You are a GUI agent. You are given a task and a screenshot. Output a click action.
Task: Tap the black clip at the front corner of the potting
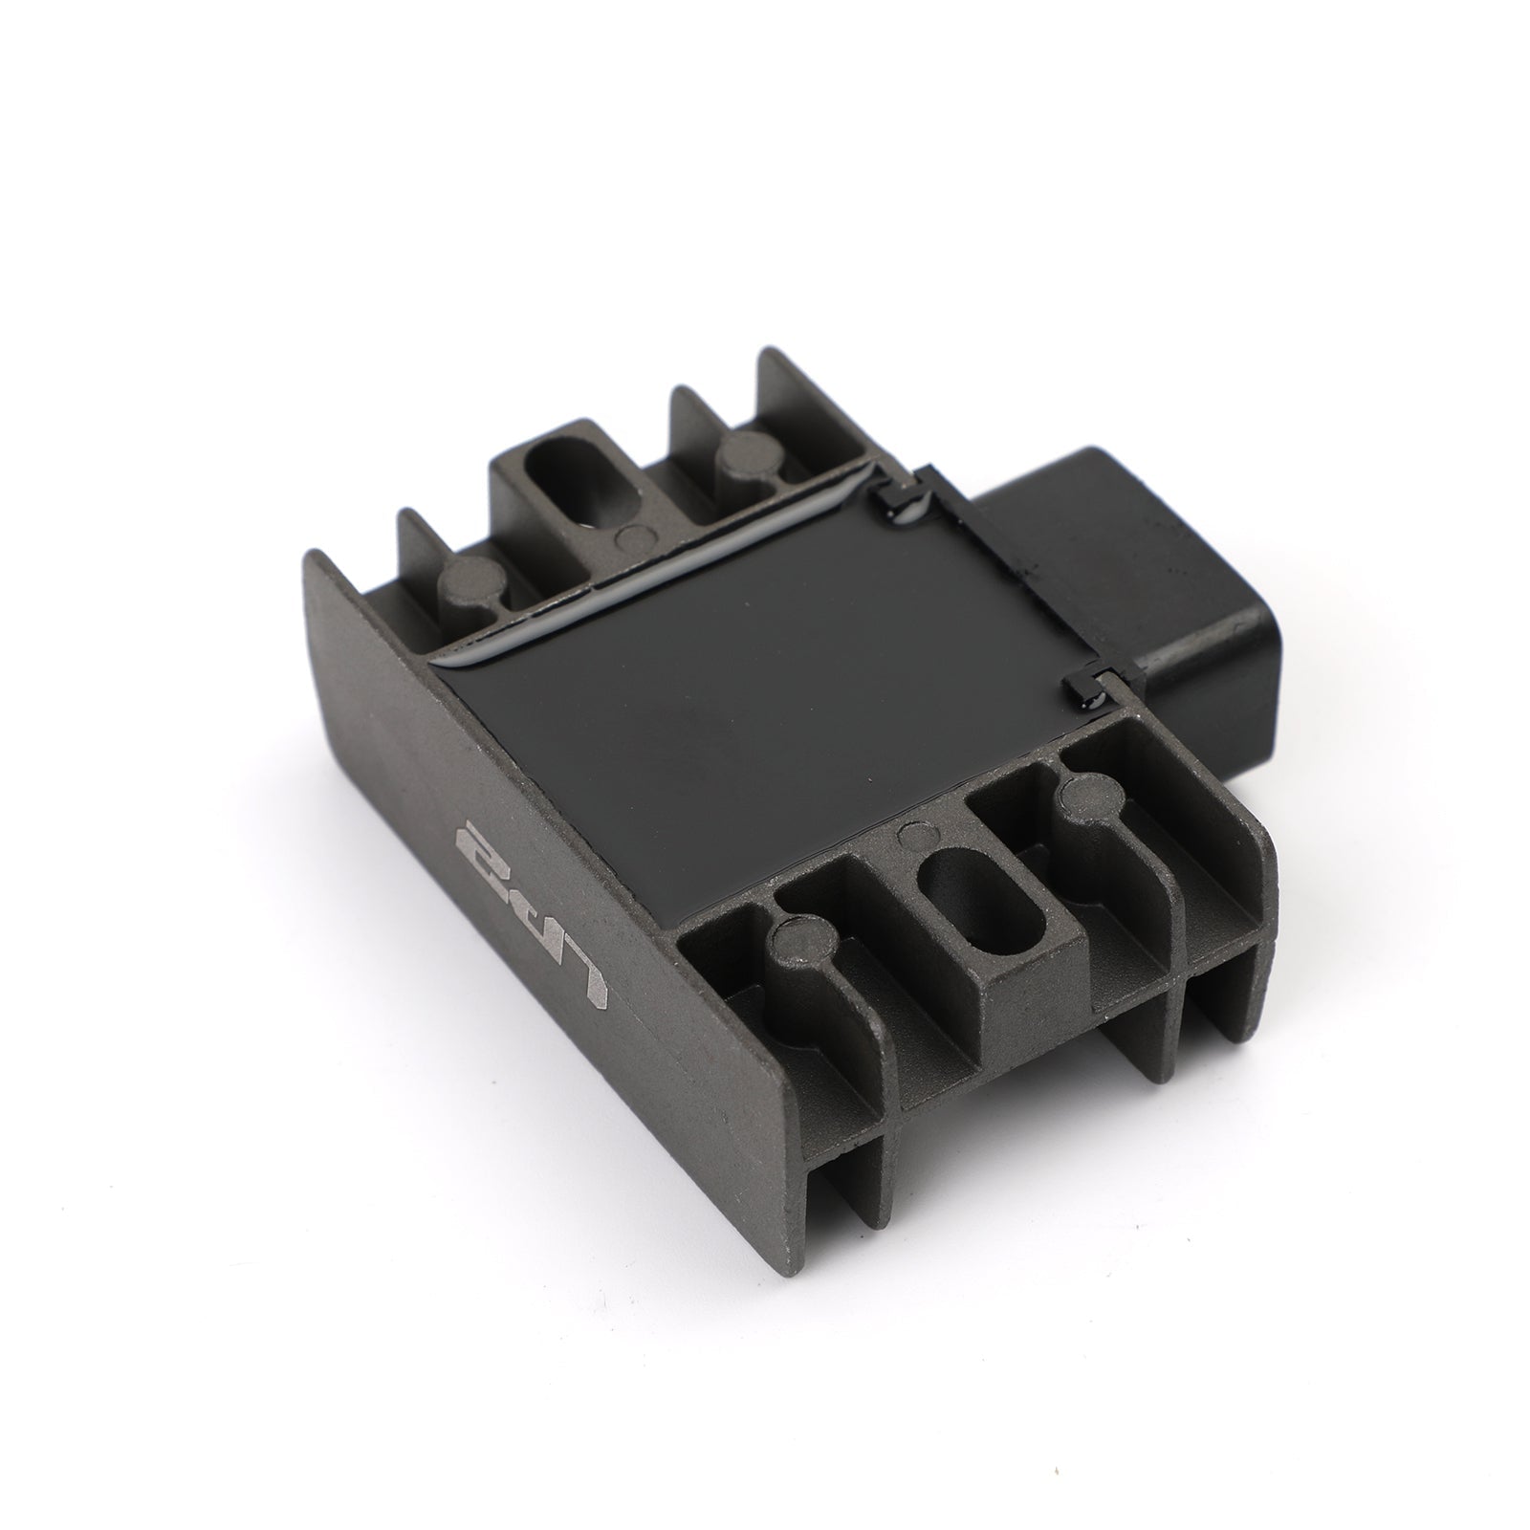[1085, 684]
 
